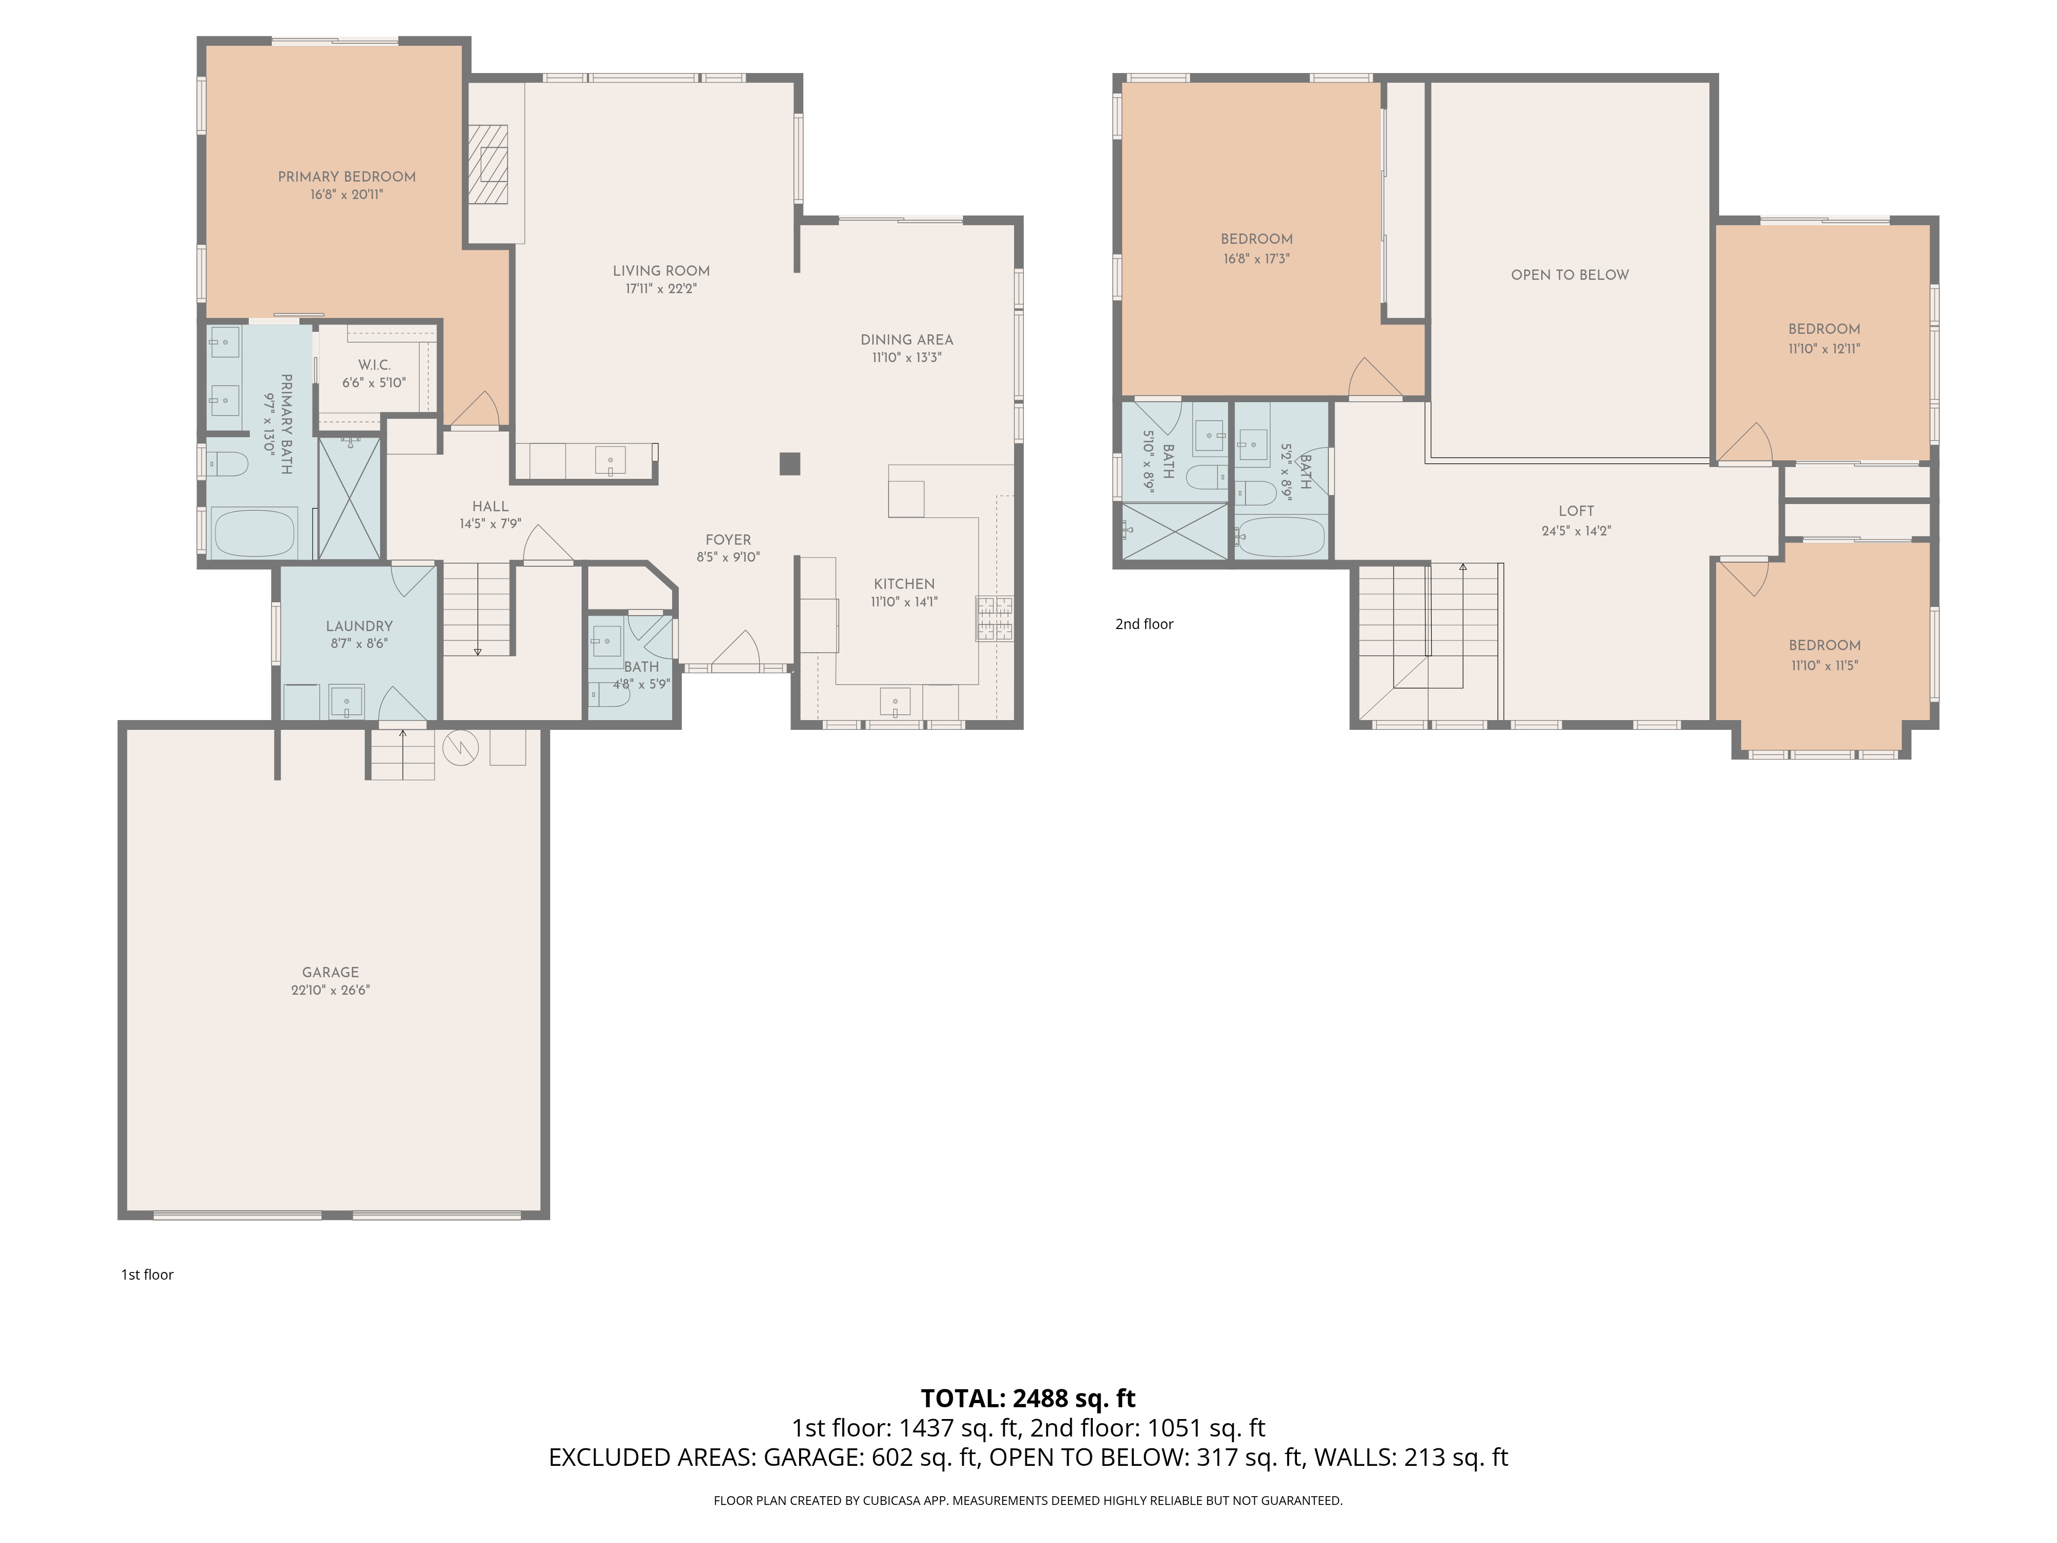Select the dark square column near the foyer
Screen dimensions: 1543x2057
pos(789,463)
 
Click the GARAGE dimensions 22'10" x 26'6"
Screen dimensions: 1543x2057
pos(330,991)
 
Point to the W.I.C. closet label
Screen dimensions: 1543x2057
pos(374,365)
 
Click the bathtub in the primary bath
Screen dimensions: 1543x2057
pos(254,533)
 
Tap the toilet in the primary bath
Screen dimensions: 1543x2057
pos(226,463)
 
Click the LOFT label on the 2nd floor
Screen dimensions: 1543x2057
pos(1576,511)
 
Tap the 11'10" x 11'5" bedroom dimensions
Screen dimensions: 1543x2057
pos(1825,665)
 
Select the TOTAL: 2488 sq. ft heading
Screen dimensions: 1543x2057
pos(1027,1399)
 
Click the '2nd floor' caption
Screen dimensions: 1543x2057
pos(1144,624)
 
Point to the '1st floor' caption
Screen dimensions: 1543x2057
pos(147,1274)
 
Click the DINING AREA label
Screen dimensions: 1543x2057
pos(907,339)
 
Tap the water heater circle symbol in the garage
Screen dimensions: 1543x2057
pos(460,747)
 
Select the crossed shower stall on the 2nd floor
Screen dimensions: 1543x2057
pos(1175,532)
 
